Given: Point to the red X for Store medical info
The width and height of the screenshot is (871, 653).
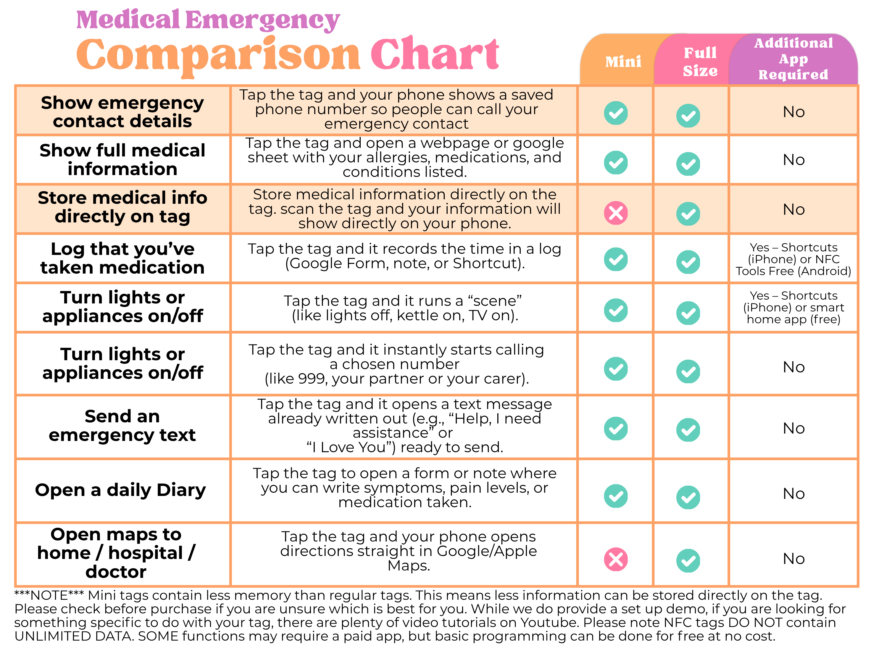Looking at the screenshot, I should [616, 213].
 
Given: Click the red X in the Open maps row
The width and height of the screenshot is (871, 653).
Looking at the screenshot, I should [616, 559].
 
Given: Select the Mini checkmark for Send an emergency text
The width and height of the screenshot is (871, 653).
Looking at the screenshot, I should [616, 429].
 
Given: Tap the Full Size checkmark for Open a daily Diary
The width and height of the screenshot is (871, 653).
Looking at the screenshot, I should [688, 497].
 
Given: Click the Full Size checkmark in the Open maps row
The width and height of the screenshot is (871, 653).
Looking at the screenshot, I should [688, 560].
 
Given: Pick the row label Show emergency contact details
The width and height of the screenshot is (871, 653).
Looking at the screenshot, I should [122, 112].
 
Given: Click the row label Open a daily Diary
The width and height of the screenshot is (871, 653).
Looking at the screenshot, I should [120, 490].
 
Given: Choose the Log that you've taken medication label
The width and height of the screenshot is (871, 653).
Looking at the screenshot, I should [122, 258].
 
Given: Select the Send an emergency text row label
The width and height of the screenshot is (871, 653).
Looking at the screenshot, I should [122, 426].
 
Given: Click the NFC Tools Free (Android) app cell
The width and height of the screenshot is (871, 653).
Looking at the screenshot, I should [793, 260].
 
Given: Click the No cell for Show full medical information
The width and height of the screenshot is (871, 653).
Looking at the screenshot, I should [793, 160].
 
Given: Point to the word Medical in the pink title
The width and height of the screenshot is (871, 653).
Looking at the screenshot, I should [128, 20].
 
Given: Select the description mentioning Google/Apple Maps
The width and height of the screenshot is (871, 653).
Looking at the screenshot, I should [408, 551].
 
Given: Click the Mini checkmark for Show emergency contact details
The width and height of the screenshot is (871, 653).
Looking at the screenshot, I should [616, 113].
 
